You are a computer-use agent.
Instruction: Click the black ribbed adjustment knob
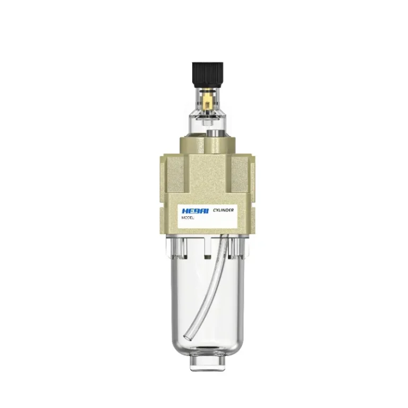[x=207, y=75]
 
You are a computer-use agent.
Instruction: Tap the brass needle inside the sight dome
[x=207, y=103]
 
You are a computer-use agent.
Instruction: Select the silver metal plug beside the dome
[x=214, y=133]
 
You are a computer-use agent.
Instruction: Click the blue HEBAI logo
[x=195, y=211]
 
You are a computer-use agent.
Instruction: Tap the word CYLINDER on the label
[x=223, y=210]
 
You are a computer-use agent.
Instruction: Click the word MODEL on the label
[x=188, y=218]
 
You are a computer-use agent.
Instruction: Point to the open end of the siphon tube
[x=188, y=337]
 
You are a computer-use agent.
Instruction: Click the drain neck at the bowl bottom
[x=207, y=363]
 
